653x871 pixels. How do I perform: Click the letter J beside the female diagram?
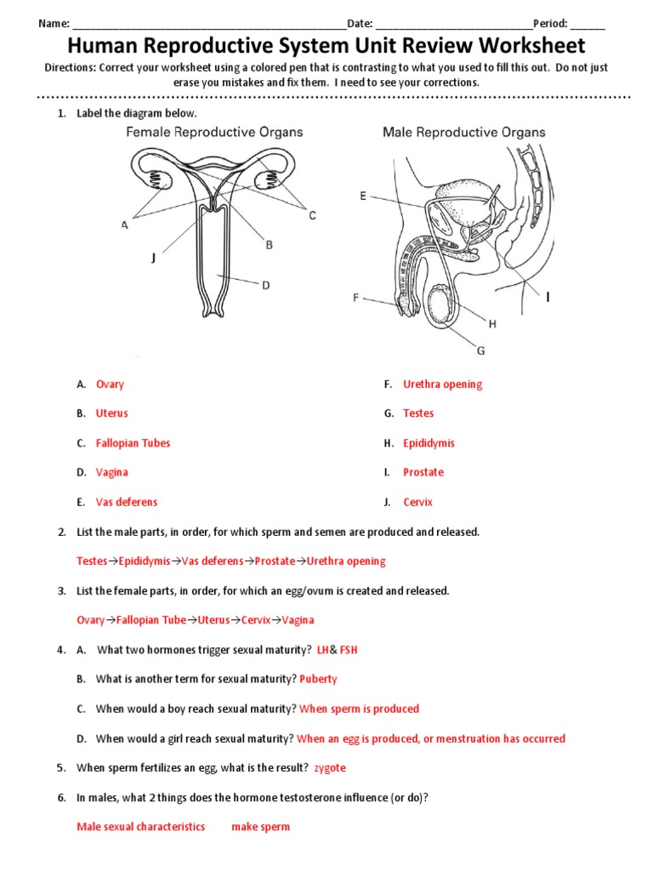(153, 259)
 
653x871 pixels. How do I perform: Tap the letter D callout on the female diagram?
(265, 286)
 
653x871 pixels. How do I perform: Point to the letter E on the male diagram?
(363, 196)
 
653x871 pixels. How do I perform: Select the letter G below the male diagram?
(480, 350)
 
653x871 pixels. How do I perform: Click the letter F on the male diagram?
(356, 298)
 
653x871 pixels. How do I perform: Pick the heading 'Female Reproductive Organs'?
(214, 133)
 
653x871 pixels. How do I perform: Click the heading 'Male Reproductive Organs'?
(463, 133)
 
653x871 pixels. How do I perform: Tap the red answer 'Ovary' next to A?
(110, 384)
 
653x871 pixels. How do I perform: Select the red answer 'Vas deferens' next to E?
(127, 502)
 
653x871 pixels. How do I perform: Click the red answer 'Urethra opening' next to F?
(442, 384)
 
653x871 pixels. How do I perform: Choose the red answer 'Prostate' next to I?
(423, 472)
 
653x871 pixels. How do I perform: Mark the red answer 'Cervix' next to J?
(417, 502)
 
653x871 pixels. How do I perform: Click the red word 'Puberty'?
(318, 679)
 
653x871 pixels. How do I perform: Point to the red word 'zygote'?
(330, 767)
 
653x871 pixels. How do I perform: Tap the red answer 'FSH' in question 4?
(349, 650)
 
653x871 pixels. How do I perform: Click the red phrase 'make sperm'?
(260, 826)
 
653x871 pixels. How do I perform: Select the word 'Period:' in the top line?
(550, 24)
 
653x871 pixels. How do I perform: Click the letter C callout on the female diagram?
(312, 216)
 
